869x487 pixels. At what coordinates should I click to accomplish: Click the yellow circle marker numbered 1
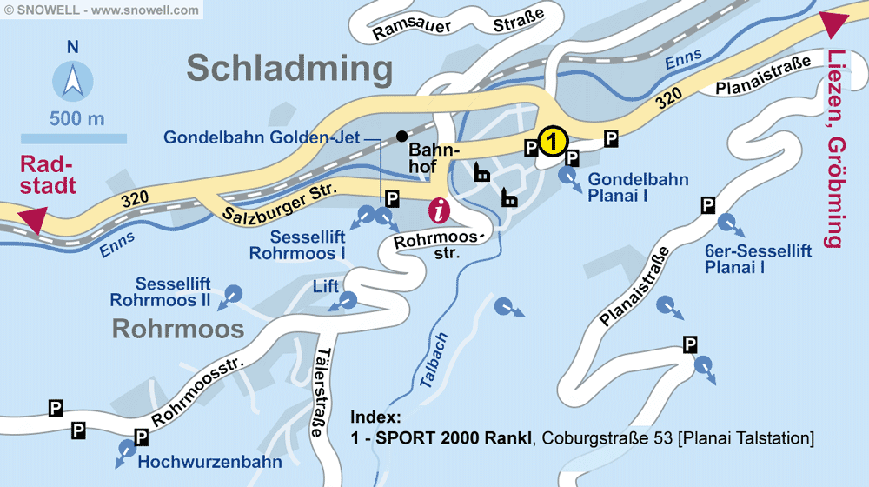[553, 140]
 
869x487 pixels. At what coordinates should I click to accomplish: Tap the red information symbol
[441, 210]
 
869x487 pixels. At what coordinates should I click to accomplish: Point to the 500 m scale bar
[74, 137]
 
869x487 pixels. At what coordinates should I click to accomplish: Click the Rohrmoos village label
[178, 329]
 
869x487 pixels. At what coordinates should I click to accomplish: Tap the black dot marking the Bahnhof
[401, 136]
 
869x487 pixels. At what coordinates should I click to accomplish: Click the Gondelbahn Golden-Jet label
[262, 137]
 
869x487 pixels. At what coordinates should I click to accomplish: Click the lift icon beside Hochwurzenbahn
[126, 450]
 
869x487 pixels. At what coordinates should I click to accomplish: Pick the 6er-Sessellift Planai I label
[759, 259]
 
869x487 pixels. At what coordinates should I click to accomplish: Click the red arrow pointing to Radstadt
[33, 220]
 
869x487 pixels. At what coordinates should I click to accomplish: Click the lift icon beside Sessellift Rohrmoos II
[233, 294]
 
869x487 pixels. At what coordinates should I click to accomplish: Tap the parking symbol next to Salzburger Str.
[392, 198]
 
